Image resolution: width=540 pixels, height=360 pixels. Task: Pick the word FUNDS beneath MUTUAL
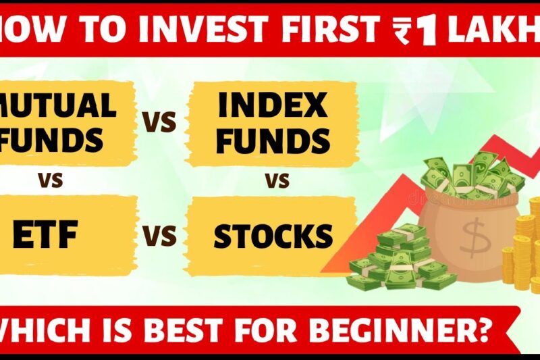[54, 140]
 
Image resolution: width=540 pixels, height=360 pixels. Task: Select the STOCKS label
[273, 236]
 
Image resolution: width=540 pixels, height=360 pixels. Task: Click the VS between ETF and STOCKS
[160, 236]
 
